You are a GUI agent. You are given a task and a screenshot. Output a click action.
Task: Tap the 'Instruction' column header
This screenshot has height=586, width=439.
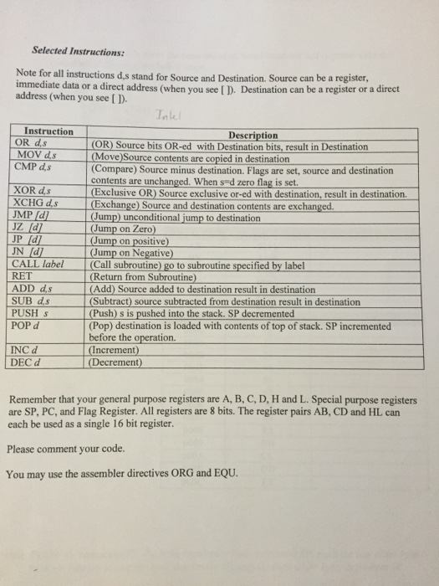click(x=48, y=132)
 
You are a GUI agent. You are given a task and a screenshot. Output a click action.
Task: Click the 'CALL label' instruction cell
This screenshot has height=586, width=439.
click(x=40, y=265)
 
